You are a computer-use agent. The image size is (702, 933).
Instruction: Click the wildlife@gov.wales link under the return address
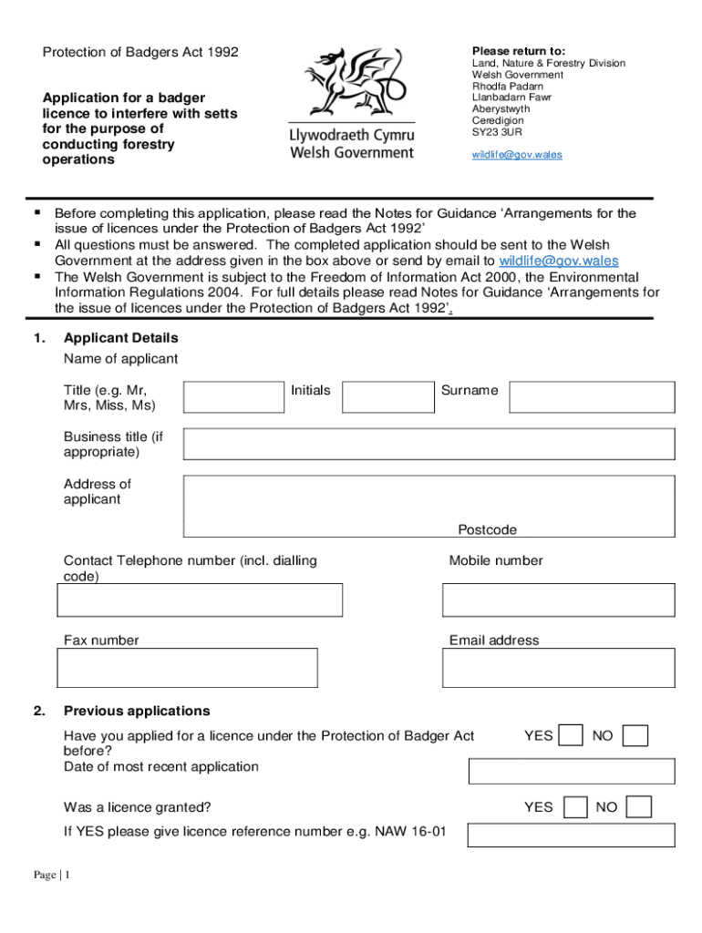point(516,154)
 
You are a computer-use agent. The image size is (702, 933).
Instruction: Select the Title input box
point(234,397)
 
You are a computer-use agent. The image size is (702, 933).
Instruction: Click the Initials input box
point(387,397)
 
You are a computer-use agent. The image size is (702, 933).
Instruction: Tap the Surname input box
point(592,397)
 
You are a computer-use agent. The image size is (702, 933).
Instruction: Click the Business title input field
point(428,444)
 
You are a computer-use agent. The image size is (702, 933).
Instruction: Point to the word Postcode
point(487,529)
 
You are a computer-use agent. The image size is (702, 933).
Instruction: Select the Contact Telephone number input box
point(200,600)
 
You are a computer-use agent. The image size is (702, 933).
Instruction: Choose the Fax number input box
point(188,668)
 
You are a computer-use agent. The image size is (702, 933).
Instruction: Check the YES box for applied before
point(572,735)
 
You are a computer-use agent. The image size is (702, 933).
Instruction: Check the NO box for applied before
point(635,735)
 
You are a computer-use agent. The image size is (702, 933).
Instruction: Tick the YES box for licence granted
point(575,807)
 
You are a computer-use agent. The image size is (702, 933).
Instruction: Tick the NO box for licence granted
point(640,807)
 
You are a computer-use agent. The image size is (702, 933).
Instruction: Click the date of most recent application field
point(572,771)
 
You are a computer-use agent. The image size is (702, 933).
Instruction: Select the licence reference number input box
point(572,836)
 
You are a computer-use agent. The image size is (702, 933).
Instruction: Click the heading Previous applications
point(137,711)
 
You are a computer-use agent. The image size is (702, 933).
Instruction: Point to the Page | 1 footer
point(52,876)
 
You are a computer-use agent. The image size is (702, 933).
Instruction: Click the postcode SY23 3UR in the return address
point(497,132)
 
